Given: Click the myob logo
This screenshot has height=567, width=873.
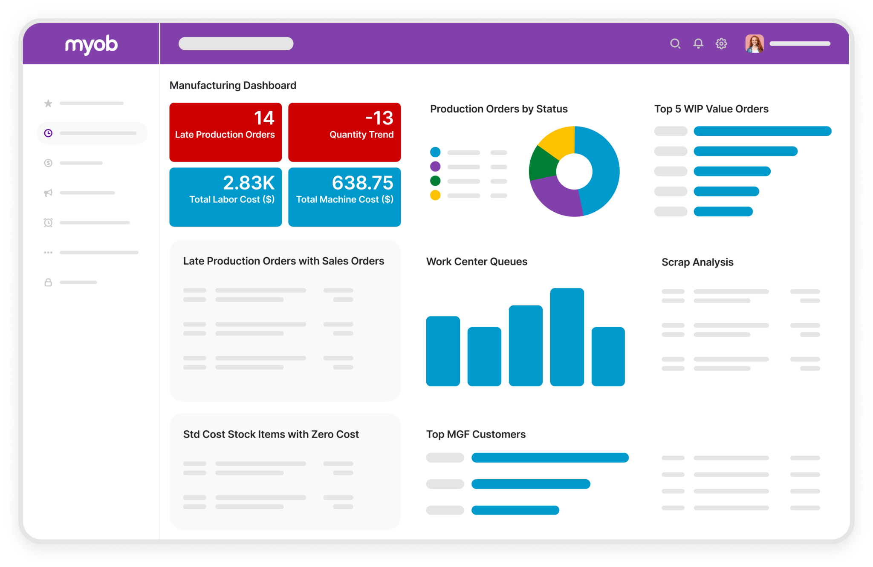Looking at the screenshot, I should pyautogui.click(x=91, y=44).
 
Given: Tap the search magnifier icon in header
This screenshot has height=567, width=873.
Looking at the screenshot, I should pyautogui.click(x=675, y=43).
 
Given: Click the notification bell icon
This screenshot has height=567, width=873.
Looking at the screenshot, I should pyautogui.click(x=698, y=43).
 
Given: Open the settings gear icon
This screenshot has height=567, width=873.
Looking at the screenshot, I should pyautogui.click(x=721, y=43).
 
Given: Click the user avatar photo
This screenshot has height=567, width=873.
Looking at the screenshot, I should pyautogui.click(x=754, y=43).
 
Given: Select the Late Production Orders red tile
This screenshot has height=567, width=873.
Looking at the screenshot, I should pyautogui.click(x=225, y=132).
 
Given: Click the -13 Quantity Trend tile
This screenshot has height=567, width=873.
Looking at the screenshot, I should pyautogui.click(x=344, y=132).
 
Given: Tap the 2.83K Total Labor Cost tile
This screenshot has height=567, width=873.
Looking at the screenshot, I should pyautogui.click(x=225, y=197).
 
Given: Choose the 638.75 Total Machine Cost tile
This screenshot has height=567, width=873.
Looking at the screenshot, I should pyautogui.click(x=344, y=197).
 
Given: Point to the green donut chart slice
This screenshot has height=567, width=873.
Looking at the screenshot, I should pyautogui.click(x=543, y=164).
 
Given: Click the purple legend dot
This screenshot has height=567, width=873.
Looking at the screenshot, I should pyautogui.click(x=435, y=166).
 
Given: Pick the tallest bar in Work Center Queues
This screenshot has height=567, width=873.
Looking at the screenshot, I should pyautogui.click(x=567, y=337).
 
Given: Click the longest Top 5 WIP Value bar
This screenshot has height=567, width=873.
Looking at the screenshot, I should pyautogui.click(x=762, y=131).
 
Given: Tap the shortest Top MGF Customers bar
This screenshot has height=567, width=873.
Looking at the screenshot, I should pyautogui.click(x=515, y=510).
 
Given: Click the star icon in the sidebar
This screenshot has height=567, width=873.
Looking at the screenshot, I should pyautogui.click(x=48, y=104).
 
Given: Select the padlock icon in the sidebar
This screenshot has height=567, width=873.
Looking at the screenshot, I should pyautogui.click(x=48, y=282).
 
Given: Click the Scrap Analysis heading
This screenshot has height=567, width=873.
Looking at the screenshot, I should pyautogui.click(x=697, y=262).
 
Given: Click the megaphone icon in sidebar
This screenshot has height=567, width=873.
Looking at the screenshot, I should pyautogui.click(x=48, y=193).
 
